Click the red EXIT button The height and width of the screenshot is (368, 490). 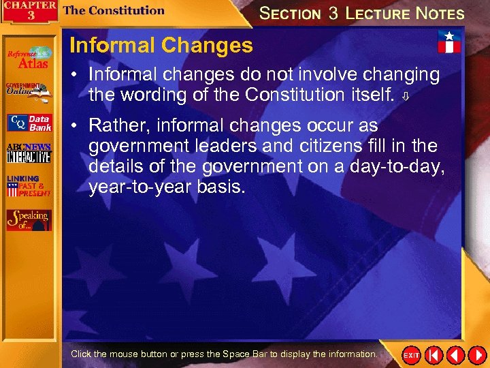coord(411,356)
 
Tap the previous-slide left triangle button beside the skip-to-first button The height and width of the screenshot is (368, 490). coord(455,355)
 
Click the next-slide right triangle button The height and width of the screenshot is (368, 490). coord(476,355)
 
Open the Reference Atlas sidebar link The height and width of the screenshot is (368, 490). coord(28,57)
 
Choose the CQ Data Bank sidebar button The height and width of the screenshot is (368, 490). coord(29,123)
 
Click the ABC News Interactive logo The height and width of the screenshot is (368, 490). coord(29,153)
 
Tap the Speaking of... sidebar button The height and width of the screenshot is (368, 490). coord(29,219)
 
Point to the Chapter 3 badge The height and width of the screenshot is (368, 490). coord(29,12)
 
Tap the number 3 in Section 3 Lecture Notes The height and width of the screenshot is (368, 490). coord(333,14)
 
